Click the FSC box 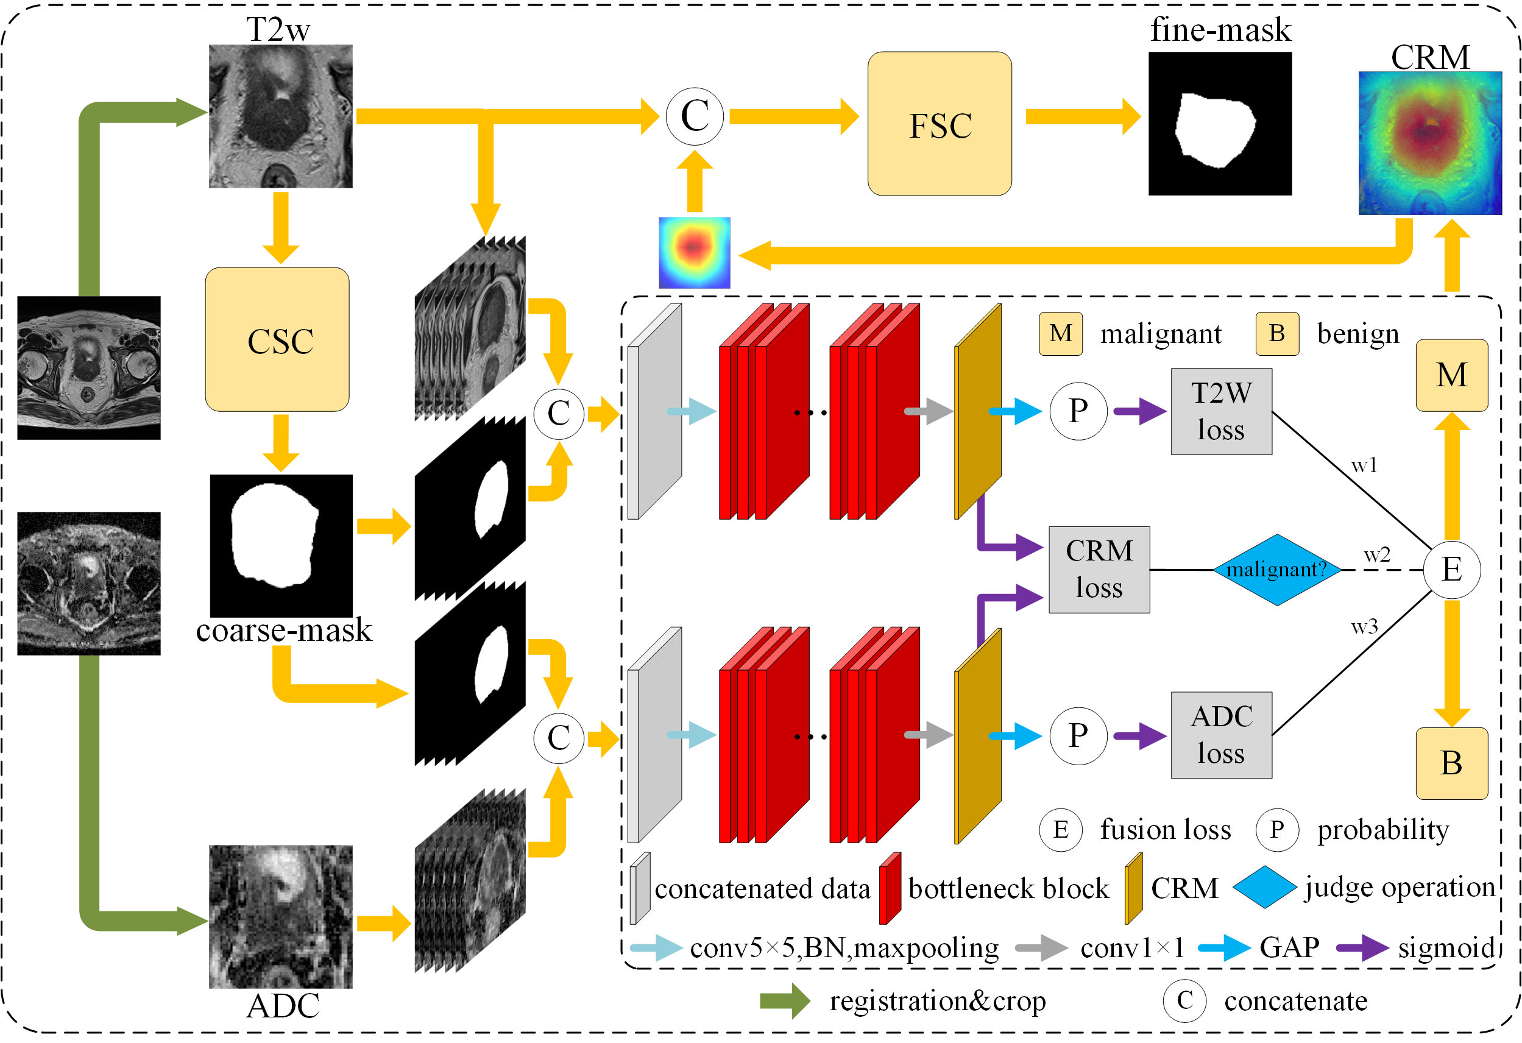(x=939, y=124)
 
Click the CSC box (x=277, y=339)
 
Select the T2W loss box (x=1221, y=411)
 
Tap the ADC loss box (x=1221, y=735)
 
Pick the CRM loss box (x=1099, y=570)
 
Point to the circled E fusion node (x=1451, y=569)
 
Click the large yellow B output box (x=1451, y=763)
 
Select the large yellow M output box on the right (x=1451, y=375)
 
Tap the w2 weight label (x=1376, y=555)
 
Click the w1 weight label (x=1364, y=465)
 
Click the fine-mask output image (x=1219, y=124)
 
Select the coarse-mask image (x=281, y=545)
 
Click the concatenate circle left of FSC (x=694, y=116)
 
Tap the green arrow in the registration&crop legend (x=785, y=1000)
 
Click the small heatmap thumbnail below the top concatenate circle (x=694, y=253)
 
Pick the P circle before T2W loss (x=1078, y=411)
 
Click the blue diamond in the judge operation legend (x=1264, y=887)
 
